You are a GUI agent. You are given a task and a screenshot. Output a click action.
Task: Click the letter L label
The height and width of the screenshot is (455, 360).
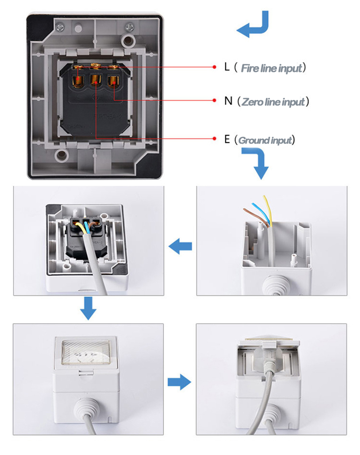pyautogui.click(x=227, y=67)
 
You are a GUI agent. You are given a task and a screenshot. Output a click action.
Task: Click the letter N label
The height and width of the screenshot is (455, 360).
pyautogui.click(x=228, y=101)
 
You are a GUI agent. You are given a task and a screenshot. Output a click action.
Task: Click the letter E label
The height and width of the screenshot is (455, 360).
pyautogui.click(x=227, y=140)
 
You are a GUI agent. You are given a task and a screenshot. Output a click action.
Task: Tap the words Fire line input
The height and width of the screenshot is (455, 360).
pyautogui.click(x=272, y=68)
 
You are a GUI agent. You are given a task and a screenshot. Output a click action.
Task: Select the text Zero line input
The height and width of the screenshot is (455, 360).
pyautogui.click(x=273, y=102)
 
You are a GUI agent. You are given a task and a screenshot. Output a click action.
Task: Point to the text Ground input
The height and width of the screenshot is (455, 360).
pyautogui.click(x=265, y=140)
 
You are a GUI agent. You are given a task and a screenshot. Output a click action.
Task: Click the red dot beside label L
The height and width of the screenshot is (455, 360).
pyautogui.click(x=215, y=67)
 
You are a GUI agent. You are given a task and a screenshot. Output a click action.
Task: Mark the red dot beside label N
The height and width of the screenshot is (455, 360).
pyautogui.click(x=215, y=100)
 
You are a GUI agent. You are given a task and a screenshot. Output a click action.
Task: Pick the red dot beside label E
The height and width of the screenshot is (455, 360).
pyautogui.click(x=215, y=139)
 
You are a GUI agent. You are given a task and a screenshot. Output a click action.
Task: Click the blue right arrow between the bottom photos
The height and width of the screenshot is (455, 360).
pyautogui.click(x=179, y=383)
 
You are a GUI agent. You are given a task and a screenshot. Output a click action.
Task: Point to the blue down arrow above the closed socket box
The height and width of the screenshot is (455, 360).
pyautogui.click(x=88, y=307)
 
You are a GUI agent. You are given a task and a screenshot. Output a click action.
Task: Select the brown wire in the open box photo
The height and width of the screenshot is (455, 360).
pyautogui.click(x=252, y=213)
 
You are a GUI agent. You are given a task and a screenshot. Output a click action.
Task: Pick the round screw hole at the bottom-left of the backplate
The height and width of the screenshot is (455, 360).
pyautogui.click(x=61, y=155)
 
